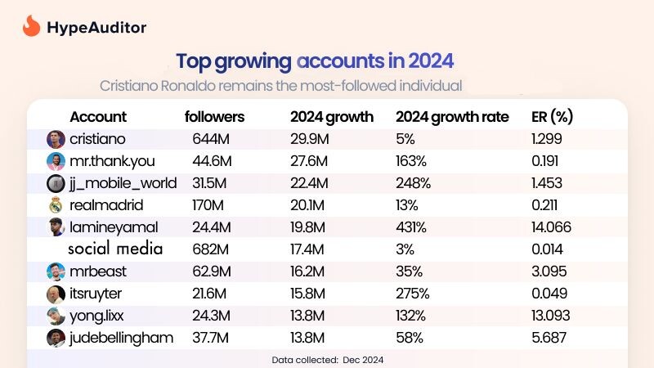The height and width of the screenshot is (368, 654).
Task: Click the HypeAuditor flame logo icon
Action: coord(31,26)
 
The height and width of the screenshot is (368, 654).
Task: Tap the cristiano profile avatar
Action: coord(56,139)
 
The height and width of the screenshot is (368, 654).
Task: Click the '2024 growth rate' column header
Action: coord(452,116)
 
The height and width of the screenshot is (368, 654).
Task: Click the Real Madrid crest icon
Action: coord(56,205)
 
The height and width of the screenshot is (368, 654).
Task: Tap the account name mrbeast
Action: coord(99,272)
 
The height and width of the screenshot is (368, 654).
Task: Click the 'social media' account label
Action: coord(115,249)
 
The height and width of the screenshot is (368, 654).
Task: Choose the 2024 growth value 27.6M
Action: coord(309,161)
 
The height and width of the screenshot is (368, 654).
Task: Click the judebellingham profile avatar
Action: coord(56,338)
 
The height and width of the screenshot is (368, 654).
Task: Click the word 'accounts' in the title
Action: coord(342,61)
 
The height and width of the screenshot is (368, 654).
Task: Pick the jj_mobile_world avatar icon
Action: coord(56,183)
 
